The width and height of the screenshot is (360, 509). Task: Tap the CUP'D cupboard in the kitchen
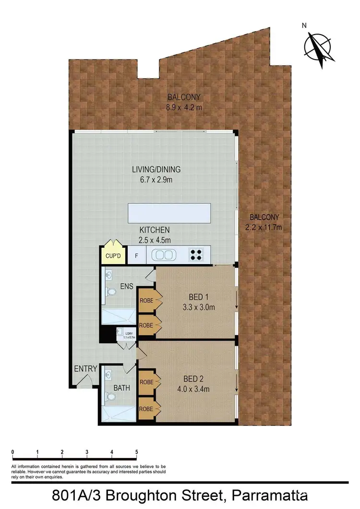pos(113,256)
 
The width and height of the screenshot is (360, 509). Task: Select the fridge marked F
pos(136,256)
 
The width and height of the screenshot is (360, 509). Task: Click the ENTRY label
pos(85,369)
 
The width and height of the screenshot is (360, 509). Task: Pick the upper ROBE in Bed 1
pos(146,301)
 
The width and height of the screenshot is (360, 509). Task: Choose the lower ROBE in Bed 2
pos(146,409)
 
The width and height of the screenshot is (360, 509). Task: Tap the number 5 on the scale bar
pos(137,452)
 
